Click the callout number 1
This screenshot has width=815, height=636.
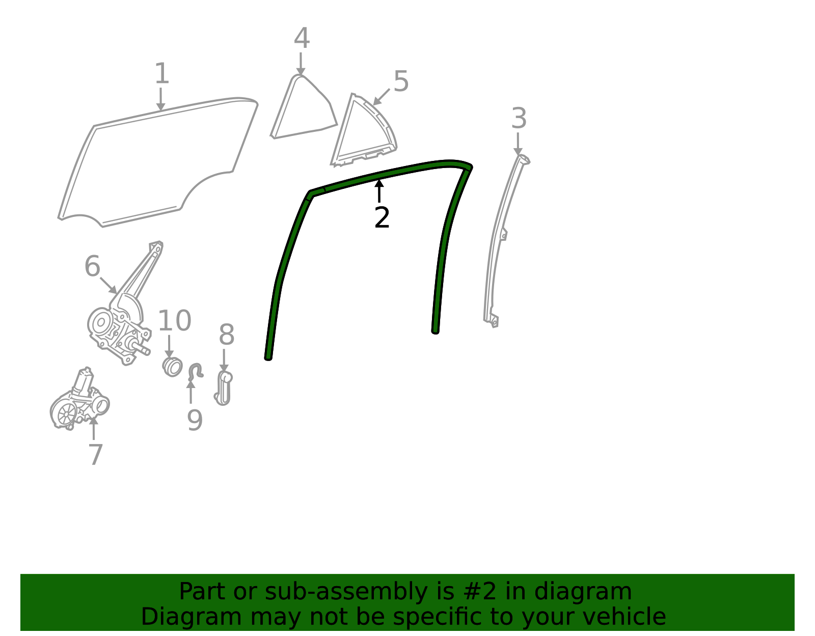(x=162, y=73)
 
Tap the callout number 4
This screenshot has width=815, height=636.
(x=302, y=38)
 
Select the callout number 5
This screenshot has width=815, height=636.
(x=401, y=81)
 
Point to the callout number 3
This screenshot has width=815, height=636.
(x=519, y=118)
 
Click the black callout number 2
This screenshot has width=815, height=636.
(x=382, y=217)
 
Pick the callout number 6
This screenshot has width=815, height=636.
(x=92, y=266)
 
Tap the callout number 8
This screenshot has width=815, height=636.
(x=227, y=335)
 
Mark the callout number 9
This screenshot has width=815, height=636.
(x=195, y=421)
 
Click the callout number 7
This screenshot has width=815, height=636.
(x=95, y=455)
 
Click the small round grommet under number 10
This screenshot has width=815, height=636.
(x=173, y=367)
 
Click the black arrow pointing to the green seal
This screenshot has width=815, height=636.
(x=379, y=191)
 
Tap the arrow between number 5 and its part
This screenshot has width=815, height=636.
(x=381, y=97)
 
